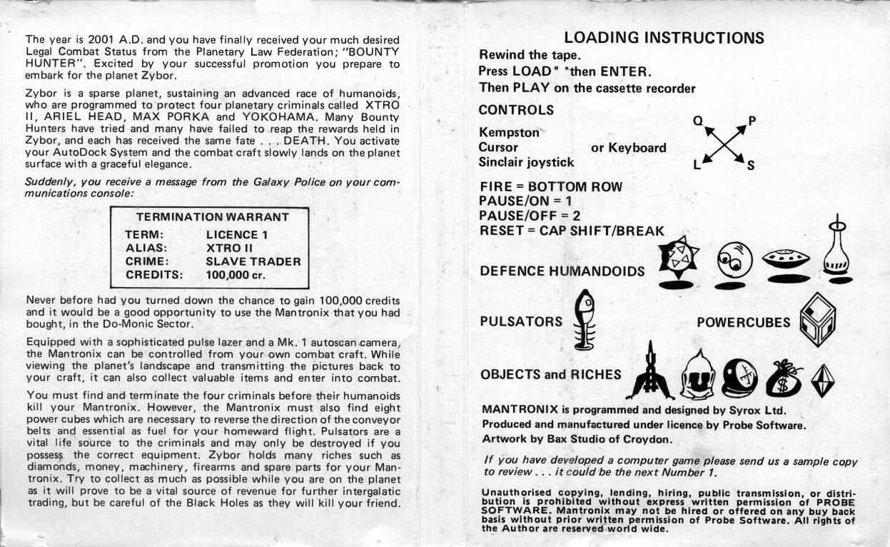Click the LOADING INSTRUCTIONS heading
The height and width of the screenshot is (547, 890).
coord(664,38)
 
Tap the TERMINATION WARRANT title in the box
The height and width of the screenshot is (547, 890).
coord(213,217)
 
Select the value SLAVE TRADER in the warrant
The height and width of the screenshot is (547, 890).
coord(253,261)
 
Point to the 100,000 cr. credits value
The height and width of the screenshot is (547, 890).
coord(236,274)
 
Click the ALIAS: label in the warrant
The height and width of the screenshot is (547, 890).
coord(146,248)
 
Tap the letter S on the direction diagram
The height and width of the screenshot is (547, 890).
coord(750,167)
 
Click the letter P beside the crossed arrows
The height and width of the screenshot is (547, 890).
coord(751,121)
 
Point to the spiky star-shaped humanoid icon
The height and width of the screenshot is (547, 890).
coord(677,258)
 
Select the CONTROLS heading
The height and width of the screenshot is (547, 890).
coord(516,110)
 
